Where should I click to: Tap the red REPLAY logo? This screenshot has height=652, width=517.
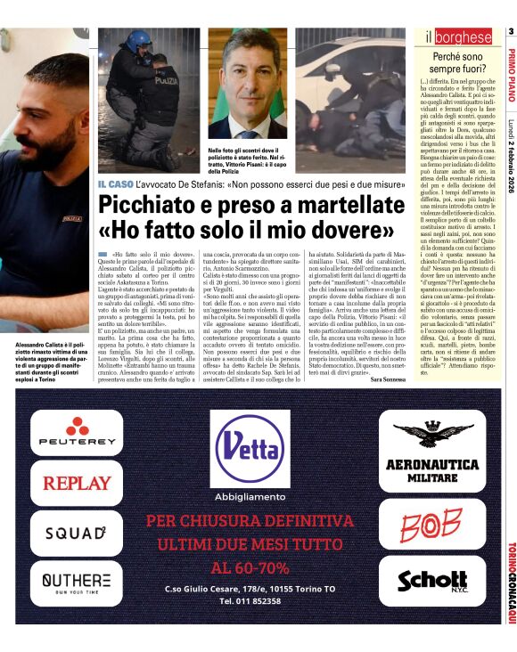(77, 484)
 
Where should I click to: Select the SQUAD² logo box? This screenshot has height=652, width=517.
(77, 533)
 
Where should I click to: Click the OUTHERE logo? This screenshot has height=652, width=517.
(77, 583)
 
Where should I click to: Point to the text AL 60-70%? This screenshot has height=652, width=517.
(250, 567)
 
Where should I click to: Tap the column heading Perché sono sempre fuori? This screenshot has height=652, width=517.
(457, 62)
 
